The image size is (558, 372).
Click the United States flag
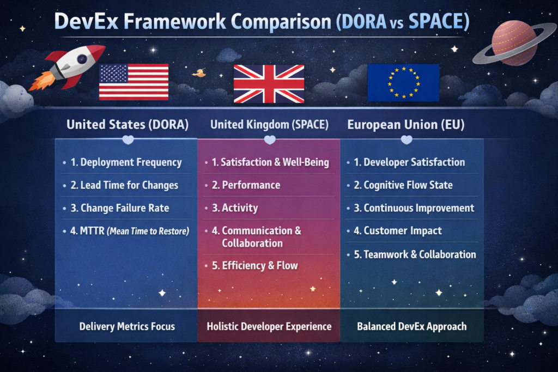coord(134,82)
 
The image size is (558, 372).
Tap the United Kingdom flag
coord(269,83)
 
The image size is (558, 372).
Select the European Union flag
coord(403,82)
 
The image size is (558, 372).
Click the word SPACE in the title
coord(437,22)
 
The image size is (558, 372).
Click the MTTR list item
coord(130,231)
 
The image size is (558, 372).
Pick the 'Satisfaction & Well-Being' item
coord(270,162)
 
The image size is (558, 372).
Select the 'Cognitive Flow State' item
coord(403,185)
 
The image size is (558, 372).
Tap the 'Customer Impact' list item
coord(398,231)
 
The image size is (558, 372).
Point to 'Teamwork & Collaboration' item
coord(415,254)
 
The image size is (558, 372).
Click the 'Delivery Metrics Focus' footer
coord(127,327)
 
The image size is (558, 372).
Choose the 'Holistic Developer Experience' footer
coord(269,327)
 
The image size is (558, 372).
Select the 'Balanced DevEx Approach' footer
coord(411,327)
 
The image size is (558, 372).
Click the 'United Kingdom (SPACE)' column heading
coord(269,125)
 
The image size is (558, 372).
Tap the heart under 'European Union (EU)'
coord(407,140)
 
